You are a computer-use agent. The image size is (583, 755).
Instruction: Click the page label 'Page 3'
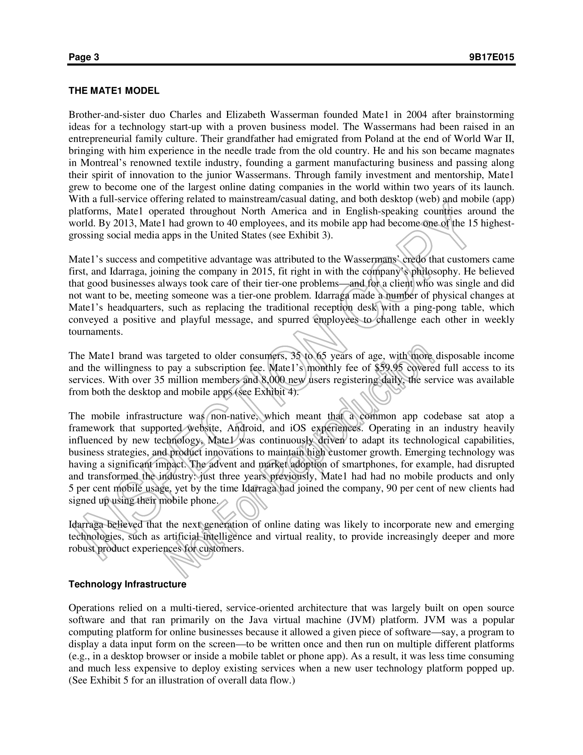(84, 57)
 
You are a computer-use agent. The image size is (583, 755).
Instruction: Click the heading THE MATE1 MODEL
(114, 91)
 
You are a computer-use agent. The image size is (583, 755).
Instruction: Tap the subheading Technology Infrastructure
(127, 584)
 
